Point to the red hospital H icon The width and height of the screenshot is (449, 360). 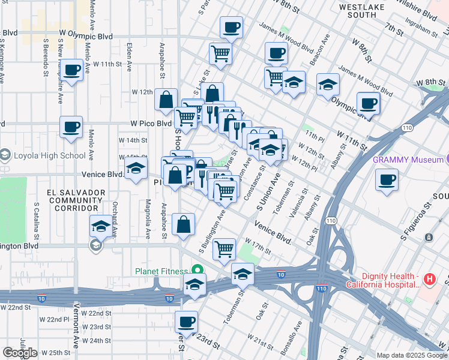point(429,279)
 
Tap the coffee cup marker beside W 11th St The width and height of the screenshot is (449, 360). point(71,70)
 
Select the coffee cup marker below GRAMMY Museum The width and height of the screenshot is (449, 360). point(387,179)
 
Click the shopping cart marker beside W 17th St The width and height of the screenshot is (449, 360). point(224,248)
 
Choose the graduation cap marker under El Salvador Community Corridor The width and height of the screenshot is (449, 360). point(100,226)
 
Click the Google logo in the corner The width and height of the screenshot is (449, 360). point(20,352)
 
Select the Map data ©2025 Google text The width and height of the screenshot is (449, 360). point(411,355)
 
